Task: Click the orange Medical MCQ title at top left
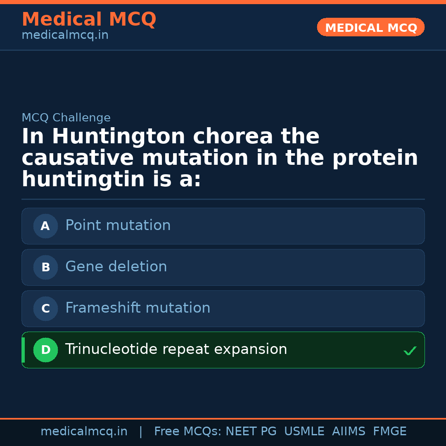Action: click(x=89, y=19)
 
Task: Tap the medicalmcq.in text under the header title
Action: click(x=65, y=36)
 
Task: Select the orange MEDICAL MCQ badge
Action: click(x=370, y=28)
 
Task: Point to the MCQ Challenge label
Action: click(x=66, y=118)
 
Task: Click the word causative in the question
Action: click(x=78, y=158)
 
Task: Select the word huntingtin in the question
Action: click(x=83, y=180)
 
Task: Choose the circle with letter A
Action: click(x=45, y=226)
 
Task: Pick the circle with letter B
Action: click(x=45, y=267)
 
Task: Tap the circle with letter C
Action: click(x=45, y=308)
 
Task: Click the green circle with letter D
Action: click(x=45, y=350)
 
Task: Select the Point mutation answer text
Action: click(x=118, y=225)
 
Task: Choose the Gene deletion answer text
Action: click(x=116, y=267)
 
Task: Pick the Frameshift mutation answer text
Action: click(x=138, y=308)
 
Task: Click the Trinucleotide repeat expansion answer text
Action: click(x=176, y=349)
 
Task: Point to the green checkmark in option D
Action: click(x=410, y=351)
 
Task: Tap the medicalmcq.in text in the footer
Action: click(x=84, y=432)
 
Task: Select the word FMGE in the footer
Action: click(x=389, y=432)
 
